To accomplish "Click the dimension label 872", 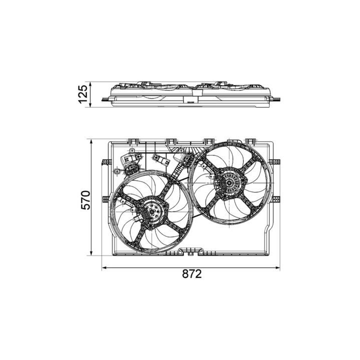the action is pos(192,274).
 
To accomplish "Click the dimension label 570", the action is pos(86,199).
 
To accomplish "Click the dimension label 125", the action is pos(83,94).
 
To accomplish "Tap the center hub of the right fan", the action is pos(229,183).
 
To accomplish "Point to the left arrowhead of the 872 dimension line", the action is pos(103,267).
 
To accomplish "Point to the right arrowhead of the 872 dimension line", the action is pos(278,267).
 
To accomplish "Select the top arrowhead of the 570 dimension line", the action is pos(91,140).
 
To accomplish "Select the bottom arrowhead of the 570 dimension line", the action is pos(91,253).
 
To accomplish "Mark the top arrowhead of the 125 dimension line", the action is pos(90,84).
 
